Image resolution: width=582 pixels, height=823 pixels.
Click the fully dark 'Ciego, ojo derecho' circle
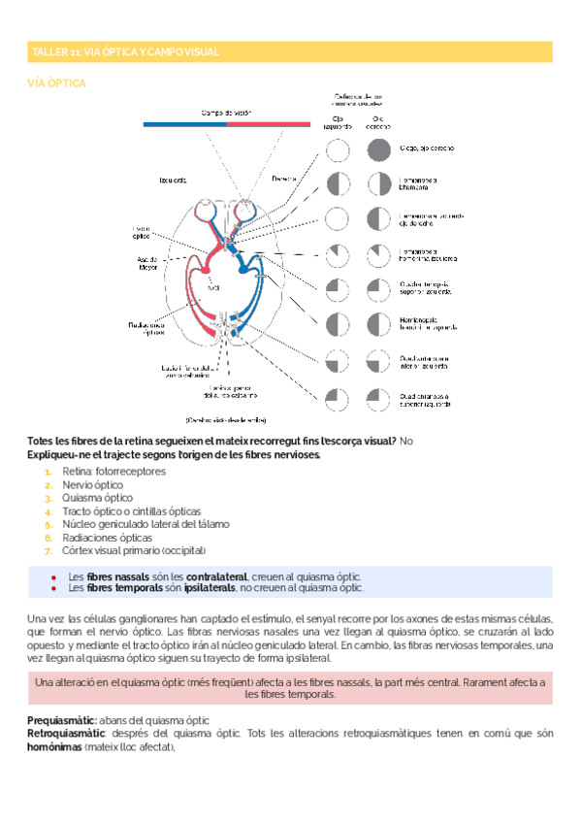coord(379,149)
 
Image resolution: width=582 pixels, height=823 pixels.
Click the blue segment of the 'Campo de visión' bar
coord(184,124)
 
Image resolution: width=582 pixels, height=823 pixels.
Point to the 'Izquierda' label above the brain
coord(174,181)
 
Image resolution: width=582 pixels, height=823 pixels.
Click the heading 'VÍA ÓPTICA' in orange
coord(58,83)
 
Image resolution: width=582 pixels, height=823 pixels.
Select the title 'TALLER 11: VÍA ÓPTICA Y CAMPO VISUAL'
coord(126,51)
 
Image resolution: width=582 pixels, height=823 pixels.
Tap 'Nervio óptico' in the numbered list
coord(93,484)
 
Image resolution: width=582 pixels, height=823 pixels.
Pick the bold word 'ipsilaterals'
coord(207,587)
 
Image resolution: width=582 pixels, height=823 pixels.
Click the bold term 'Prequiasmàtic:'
coord(62,720)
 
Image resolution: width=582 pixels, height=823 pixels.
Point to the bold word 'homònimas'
coord(55,747)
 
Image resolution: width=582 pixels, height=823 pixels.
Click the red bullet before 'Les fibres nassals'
coord(52,576)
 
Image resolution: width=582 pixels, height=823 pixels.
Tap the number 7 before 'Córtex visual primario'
coord(48,550)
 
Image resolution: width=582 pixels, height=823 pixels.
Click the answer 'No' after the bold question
coord(405,442)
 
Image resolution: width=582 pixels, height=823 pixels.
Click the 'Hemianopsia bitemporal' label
coord(419,184)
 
